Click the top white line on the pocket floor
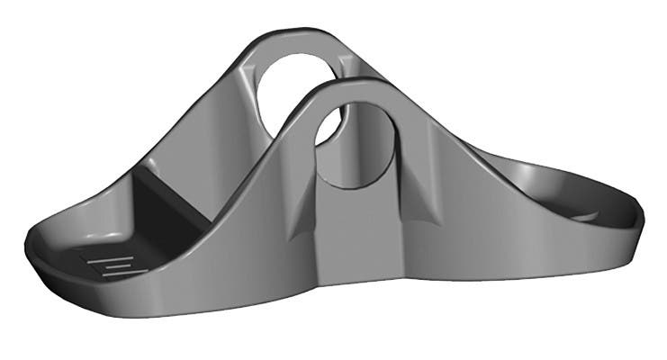(108, 256)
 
